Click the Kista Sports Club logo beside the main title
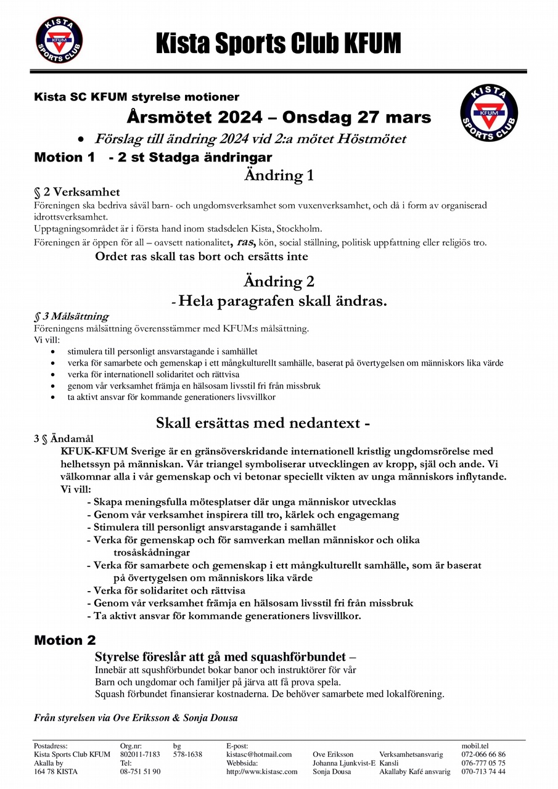coord(59,39)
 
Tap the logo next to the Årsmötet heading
coord(489,113)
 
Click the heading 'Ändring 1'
coord(279,176)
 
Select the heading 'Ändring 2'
coord(279,282)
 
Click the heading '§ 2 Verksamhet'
coord(77,192)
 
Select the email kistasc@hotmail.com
coord(259,754)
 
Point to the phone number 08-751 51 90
coord(141,772)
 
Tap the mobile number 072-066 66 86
coord(483,754)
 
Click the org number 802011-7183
coord(141,754)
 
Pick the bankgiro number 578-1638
coord(187,754)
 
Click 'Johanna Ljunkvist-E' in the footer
coord(344,763)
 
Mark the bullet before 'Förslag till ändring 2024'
coord(80,139)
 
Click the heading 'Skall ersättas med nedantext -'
coord(263,423)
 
